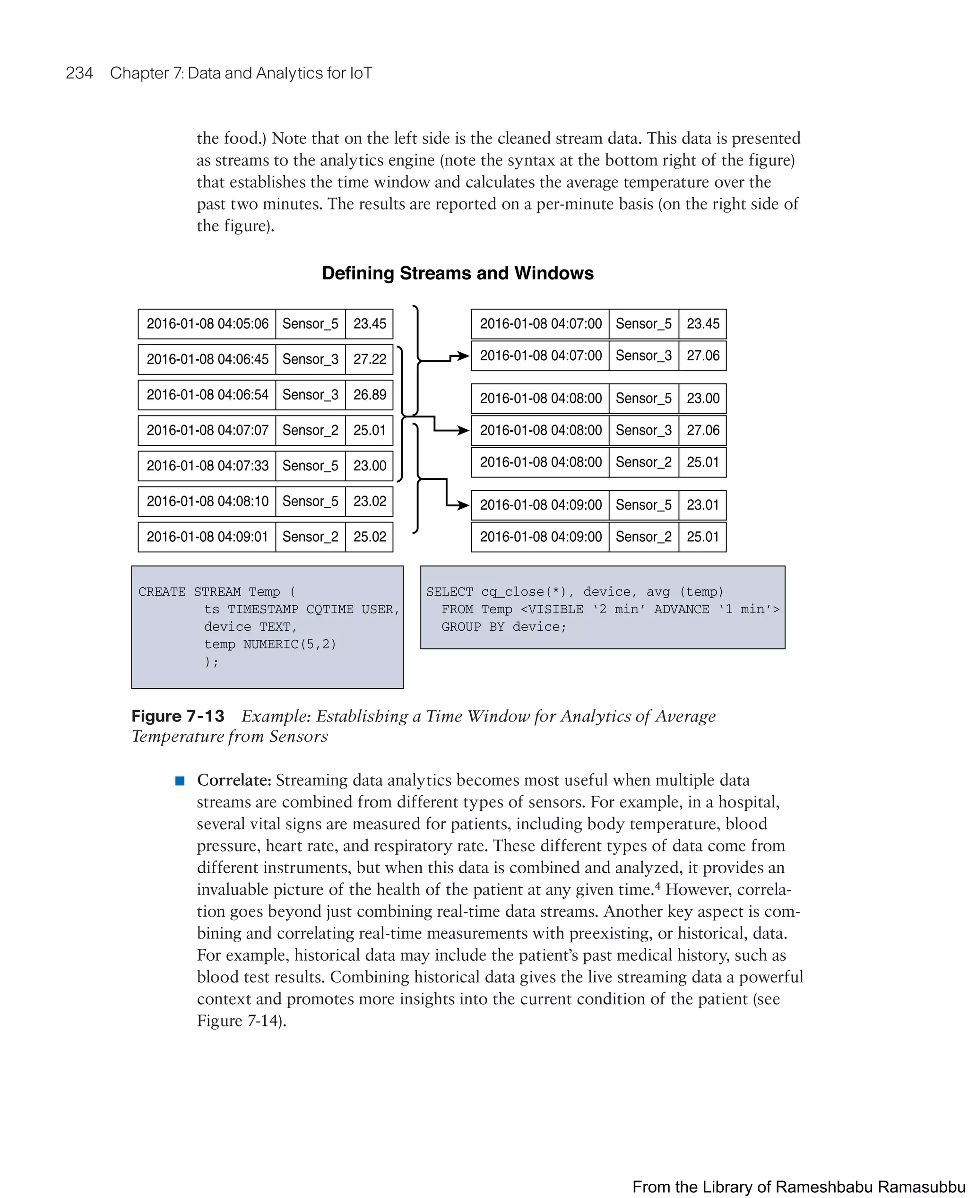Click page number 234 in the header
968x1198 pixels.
(79, 73)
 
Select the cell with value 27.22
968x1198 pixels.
(369, 359)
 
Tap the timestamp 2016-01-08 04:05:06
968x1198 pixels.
(207, 324)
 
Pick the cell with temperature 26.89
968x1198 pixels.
(369, 395)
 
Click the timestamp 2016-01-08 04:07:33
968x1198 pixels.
(207, 466)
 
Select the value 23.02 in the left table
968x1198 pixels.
(369, 502)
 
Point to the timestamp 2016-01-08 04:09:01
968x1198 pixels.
(207, 537)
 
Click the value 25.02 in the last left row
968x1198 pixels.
(369, 537)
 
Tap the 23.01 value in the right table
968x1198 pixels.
(702, 505)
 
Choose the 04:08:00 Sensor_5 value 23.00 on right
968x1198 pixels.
(702, 399)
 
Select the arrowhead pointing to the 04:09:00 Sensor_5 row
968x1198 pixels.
(463, 505)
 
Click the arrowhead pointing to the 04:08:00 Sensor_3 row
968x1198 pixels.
(463, 430)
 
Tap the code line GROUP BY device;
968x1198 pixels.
(503, 627)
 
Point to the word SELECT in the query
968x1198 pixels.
(449, 592)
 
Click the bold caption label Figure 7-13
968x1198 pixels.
(178, 716)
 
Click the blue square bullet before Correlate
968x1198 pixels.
(180, 780)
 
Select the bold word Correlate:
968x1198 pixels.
(234, 780)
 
